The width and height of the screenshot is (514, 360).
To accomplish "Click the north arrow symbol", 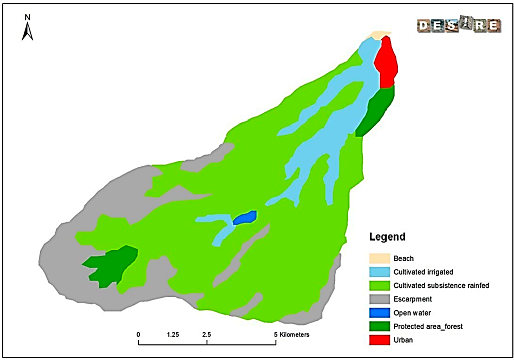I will coord(28,32).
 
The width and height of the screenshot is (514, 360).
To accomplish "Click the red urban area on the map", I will coord(386,63).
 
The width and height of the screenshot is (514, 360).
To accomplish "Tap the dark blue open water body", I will coord(245,218).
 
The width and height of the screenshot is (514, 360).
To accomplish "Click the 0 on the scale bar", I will coord(138,334).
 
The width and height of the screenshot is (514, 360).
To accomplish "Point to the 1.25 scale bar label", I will coord(172,334).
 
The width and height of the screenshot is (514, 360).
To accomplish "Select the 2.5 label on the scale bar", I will coord(206,334).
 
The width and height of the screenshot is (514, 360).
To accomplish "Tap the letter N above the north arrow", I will coord(28,17).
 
